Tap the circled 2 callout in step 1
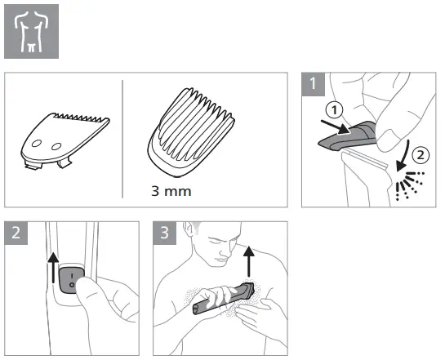pos(416,151)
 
